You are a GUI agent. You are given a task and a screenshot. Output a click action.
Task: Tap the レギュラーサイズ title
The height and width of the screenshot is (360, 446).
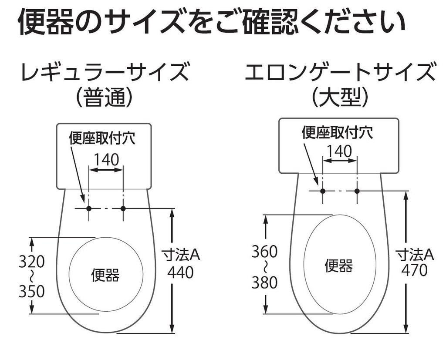pos(105,73)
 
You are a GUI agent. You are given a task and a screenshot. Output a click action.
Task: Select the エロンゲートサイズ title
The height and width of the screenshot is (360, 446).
pos(340,73)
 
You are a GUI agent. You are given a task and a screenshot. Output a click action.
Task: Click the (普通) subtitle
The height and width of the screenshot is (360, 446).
pos(104,98)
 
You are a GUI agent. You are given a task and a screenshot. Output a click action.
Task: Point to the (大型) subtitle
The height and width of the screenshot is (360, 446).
pos(340,98)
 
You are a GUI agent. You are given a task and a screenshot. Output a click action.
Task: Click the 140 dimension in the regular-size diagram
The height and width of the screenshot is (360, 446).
pos(106,160)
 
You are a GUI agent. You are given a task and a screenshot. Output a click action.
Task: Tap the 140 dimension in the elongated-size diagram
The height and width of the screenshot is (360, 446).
pos(339,151)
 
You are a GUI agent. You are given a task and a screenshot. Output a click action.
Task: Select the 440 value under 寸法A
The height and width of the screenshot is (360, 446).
pos(180,273)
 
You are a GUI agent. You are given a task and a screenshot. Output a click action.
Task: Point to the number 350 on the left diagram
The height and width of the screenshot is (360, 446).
pos(31,292)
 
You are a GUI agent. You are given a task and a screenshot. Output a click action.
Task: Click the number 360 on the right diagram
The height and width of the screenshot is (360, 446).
pos(264,252)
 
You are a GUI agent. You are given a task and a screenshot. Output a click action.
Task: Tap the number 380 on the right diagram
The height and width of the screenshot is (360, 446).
pos(264,283)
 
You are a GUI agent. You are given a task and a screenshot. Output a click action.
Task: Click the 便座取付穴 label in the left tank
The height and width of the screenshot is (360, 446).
pos(102,138)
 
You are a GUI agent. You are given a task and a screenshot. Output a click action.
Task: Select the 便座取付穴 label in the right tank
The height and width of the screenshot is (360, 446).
pos(338,132)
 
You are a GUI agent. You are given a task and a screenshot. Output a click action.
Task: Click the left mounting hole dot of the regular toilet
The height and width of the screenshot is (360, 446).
pos(89,209)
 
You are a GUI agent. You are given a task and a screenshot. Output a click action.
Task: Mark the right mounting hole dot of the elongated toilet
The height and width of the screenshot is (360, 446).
pos(357,191)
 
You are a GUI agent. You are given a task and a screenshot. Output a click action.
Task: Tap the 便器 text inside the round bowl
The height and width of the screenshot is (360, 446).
pos(105,275)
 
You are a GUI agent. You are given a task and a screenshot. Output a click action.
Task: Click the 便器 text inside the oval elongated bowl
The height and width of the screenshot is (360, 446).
pos(338,265)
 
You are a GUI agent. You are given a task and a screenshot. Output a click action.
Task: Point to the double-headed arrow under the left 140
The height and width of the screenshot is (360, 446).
pos(106,170)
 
